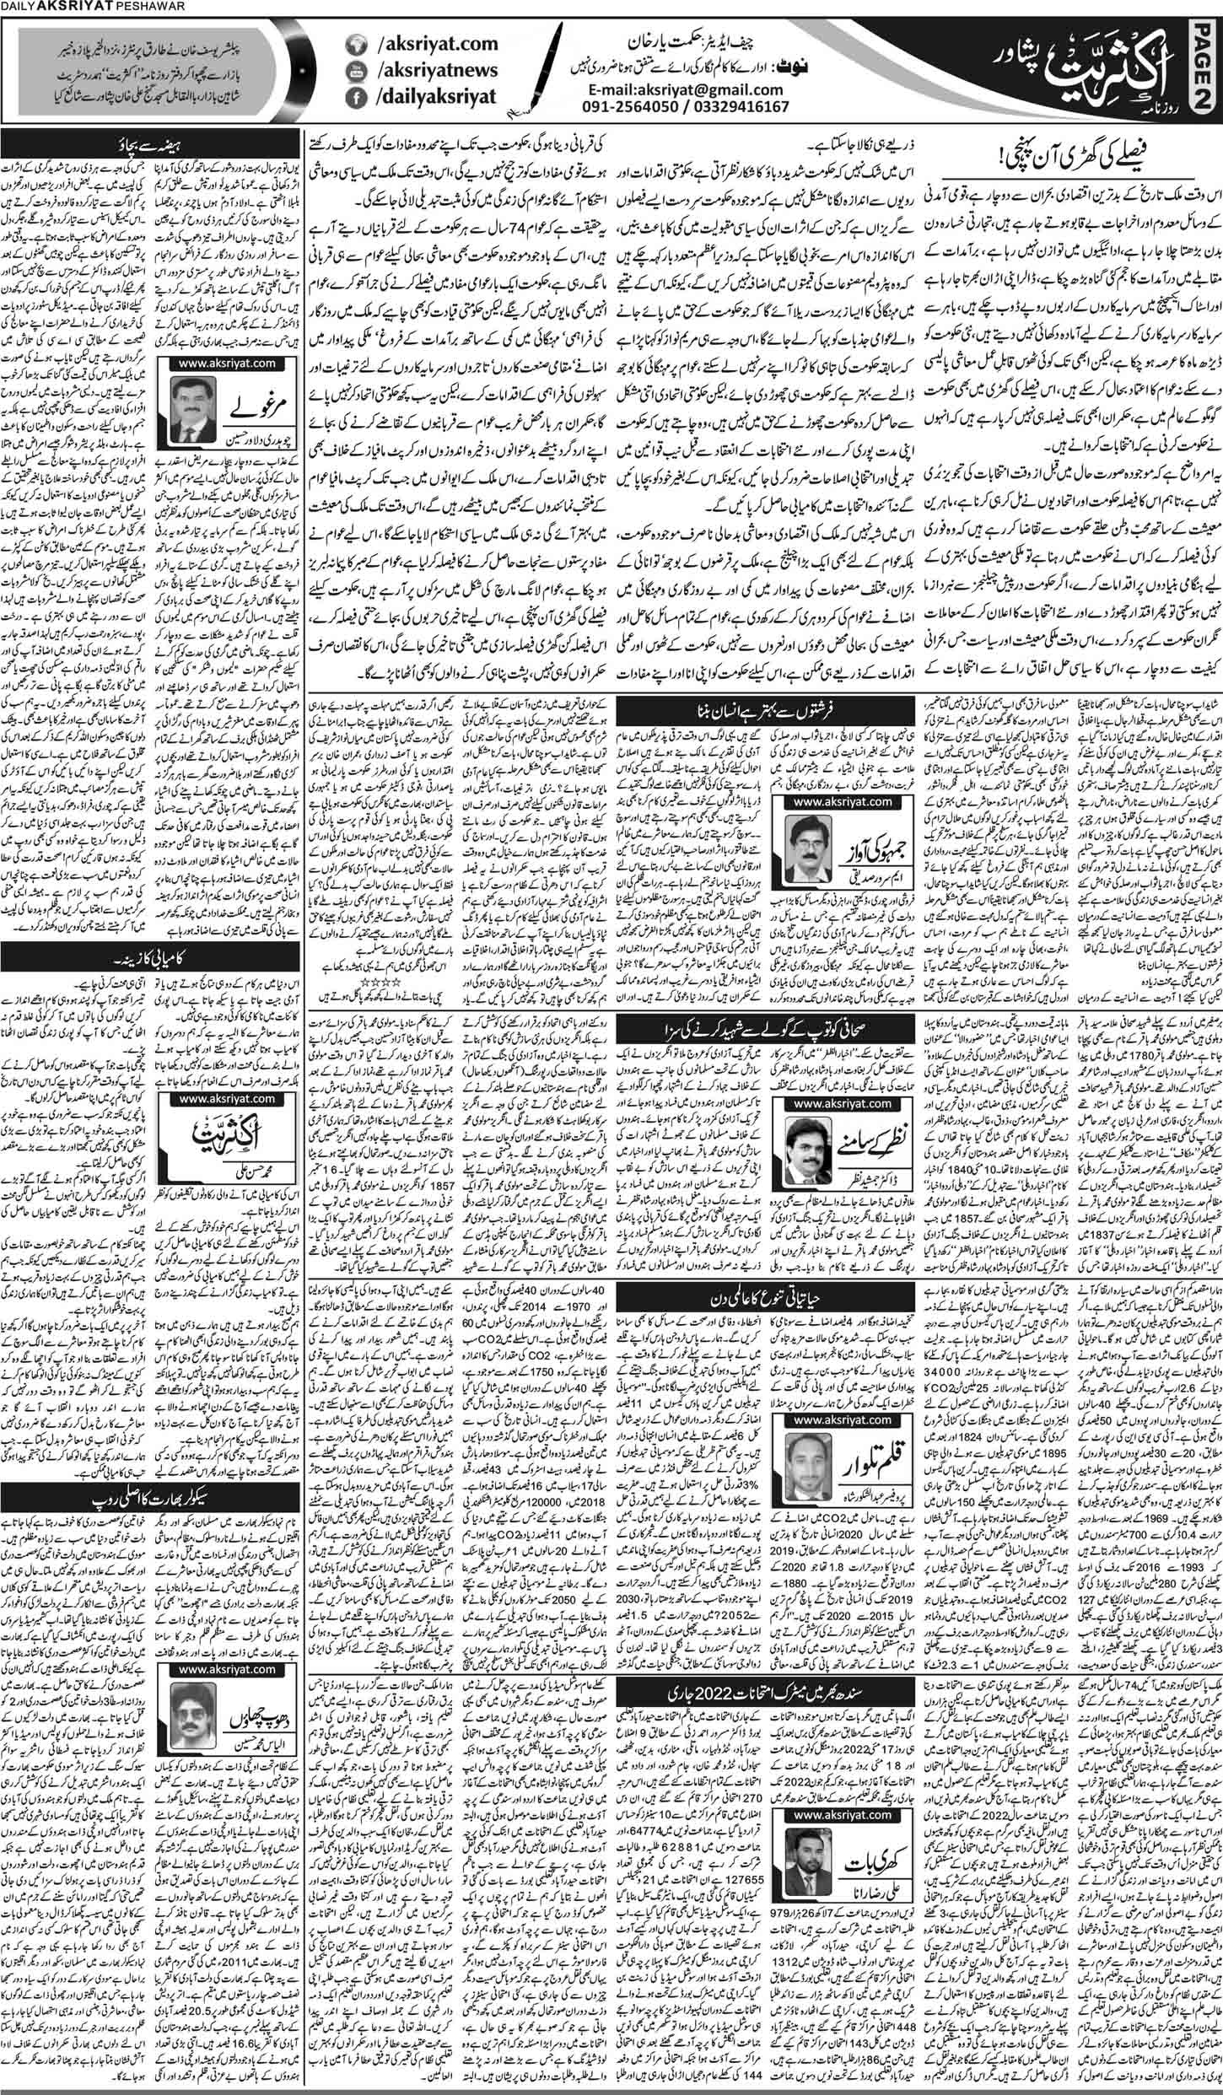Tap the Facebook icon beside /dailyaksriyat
(x=358, y=105)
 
